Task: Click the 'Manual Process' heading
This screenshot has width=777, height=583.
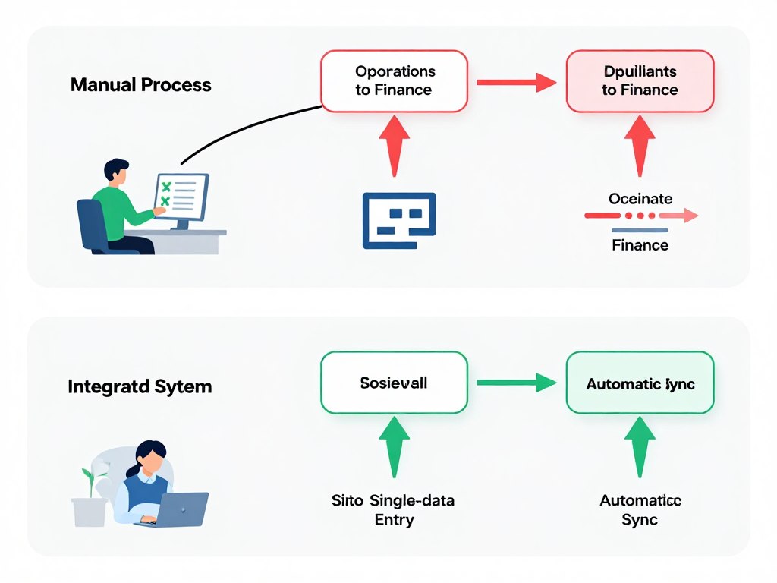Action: [140, 84]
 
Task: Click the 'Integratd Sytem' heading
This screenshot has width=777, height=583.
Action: [140, 386]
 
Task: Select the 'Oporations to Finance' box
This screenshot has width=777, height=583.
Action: [395, 80]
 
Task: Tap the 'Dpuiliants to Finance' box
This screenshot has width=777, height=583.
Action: [640, 80]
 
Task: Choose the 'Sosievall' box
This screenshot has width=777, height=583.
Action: [394, 383]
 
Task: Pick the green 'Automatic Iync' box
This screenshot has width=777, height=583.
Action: [640, 383]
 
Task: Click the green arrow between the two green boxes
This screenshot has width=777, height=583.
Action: [516, 383]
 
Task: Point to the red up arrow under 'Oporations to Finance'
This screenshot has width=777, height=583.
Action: [394, 145]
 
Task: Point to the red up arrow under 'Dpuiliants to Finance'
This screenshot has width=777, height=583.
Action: [640, 145]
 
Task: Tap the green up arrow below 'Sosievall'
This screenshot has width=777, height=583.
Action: [394, 447]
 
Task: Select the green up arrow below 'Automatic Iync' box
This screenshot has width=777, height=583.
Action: [640, 447]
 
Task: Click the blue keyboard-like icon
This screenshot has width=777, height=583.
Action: [399, 220]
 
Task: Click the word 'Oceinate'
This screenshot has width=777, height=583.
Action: [640, 199]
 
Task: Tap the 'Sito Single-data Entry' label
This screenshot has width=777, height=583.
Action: [393, 509]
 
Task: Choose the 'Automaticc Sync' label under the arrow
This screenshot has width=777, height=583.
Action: [640, 509]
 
